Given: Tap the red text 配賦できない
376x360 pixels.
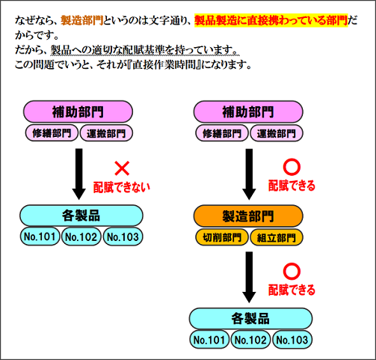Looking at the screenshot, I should [x=120, y=184].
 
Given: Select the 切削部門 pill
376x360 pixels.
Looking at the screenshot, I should [x=222, y=238].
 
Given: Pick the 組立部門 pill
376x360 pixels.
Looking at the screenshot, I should [x=275, y=238].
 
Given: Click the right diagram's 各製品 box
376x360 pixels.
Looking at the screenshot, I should [x=250, y=318].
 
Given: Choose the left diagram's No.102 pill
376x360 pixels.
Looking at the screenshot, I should [x=81, y=237].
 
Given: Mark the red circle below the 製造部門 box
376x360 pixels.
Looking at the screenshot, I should [x=291, y=269].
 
